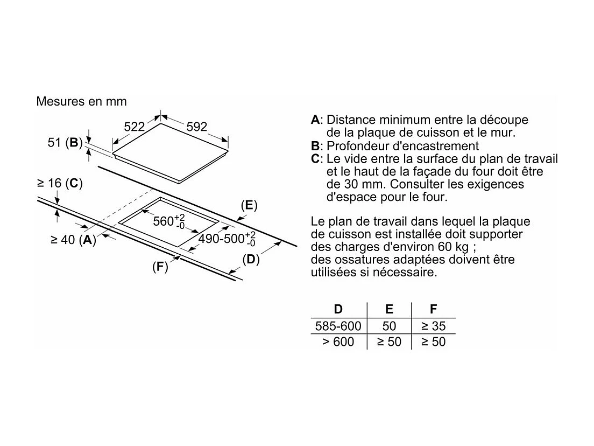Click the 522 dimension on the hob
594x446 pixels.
(135, 127)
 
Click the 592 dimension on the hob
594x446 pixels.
(196, 127)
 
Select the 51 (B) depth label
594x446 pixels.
(65, 143)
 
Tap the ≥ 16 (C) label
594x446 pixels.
(59, 183)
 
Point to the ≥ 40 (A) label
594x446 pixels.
(73, 240)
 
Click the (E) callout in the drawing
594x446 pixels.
(249, 205)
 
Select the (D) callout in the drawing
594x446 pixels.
(251, 259)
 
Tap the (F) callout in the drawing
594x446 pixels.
(160, 266)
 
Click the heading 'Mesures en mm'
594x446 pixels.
(81, 101)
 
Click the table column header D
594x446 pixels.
(338, 309)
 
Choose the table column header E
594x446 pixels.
(389, 309)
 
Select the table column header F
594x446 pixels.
(433, 309)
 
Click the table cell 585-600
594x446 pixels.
(338, 326)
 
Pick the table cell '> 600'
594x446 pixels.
(338, 342)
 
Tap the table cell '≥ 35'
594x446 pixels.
(433, 326)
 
